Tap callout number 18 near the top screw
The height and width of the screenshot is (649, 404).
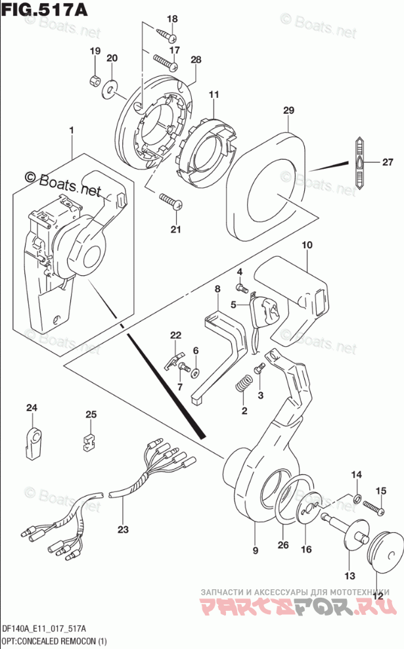(x=172, y=18)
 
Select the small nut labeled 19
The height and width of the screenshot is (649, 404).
(x=95, y=80)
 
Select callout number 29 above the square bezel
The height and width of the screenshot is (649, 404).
(x=288, y=111)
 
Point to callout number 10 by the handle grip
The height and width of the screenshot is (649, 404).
(x=305, y=245)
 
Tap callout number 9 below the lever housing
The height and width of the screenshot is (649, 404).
(x=256, y=550)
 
